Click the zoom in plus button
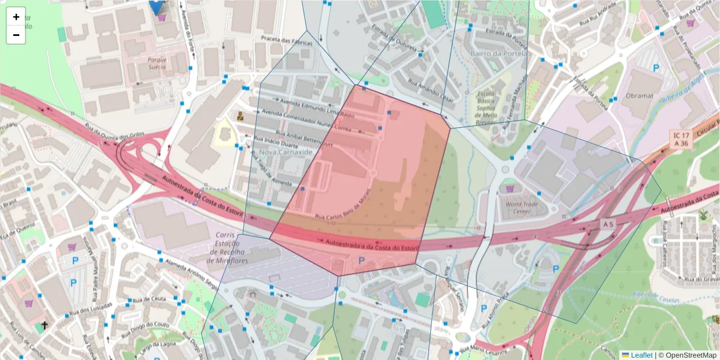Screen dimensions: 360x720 [x=16, y=17]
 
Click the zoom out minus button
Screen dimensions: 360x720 [x=16, y=35]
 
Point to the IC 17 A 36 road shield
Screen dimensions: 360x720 [x=681, y=140]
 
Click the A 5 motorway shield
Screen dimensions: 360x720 [x=608, y=224]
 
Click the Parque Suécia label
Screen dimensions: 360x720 [x=161, y=60]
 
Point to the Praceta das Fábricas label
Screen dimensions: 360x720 [x=287, y=41]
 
